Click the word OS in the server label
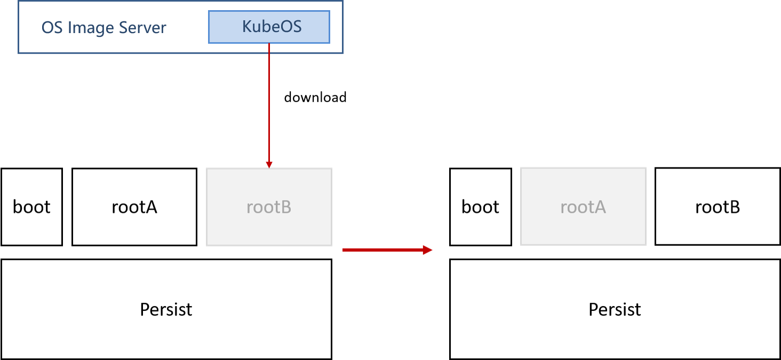tap(52, 28)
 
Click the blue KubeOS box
tap(269, 27)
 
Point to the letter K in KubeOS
tap(247, 26)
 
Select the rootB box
tap(269, 207)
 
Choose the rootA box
tap(583, 206)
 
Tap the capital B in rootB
tap(286, 207)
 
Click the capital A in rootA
tap(600, 207)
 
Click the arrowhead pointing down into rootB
tap(269, 164)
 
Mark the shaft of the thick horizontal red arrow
tap(381, 250)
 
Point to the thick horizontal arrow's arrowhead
tap(427, 250)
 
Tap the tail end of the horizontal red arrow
tap(344, 250)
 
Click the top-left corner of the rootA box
tap(521, 168)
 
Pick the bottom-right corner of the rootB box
tap(331, 245)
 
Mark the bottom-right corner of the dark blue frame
tap(342, 53)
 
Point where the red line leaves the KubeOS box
tap(269, 44)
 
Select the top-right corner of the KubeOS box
tap(329, 11)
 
